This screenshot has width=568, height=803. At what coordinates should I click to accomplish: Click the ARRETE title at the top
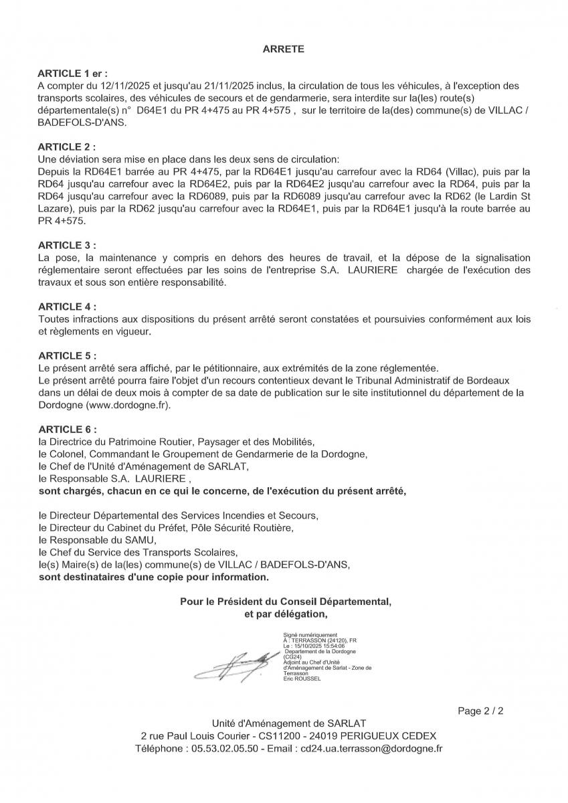pyautogui.click(x=284, y=49)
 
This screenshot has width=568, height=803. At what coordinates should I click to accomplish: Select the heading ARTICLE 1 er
pyautogui.click(x=72, y=74)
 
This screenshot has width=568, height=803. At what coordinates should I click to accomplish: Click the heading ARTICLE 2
pyautogui.click(x=67, y=146)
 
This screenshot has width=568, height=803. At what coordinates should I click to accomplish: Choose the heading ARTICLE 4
pyautogui.click(x=67, y=307)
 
